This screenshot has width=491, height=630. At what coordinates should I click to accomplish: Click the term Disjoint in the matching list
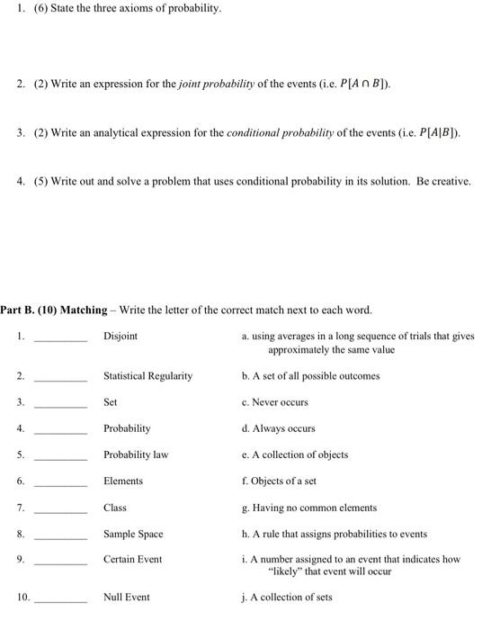[121, 337]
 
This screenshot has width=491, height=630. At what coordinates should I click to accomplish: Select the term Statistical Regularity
[147, 375]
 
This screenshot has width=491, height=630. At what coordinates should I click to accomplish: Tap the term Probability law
[136, 454]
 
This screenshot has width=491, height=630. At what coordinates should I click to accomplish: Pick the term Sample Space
[133, 534]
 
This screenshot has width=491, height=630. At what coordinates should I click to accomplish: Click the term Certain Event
[132, 559]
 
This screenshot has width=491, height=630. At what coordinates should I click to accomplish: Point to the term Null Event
[126, 597]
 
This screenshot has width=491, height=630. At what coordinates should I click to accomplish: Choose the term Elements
[123, 481]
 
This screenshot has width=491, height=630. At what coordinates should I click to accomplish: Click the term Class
[115, 508]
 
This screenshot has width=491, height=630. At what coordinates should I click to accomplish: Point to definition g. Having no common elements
[309, 508]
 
